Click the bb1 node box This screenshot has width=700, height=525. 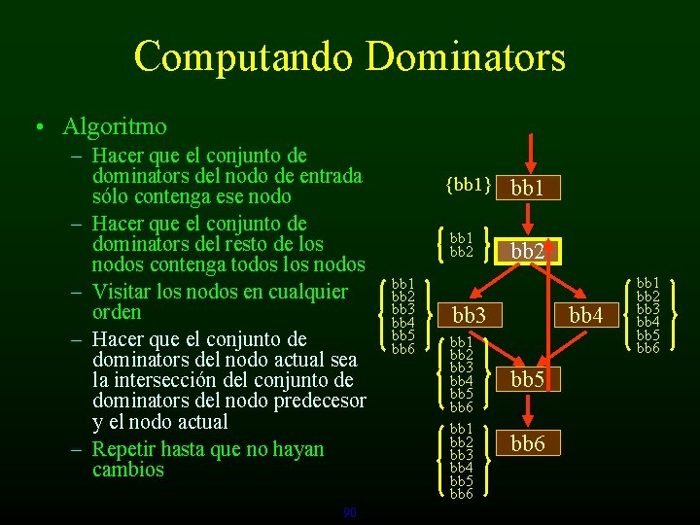click(x=527, y=188)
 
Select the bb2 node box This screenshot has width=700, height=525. click(x=527, y=251)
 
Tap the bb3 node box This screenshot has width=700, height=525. click(x=469, y=315)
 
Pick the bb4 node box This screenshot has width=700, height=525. click(x=586, y=315)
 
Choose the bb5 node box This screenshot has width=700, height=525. click(x=527, y=379)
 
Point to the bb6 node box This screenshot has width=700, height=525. click(x=527, y=444)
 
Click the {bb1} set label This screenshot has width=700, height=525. click(x=465, y=185)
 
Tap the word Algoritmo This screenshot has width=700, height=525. click(x=114, y=126)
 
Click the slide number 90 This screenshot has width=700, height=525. click(x=350, y=512)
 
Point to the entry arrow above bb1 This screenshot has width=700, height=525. click(x=528, y=151)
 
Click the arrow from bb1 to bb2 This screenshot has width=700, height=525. click(x=528, y=219)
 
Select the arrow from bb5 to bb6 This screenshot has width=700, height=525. click(x=528, y=412)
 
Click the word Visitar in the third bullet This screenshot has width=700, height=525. click(x=122, y=292)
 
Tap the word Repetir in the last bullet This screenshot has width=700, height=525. click(x=124, y=449)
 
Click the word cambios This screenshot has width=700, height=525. click(x=128, y=470)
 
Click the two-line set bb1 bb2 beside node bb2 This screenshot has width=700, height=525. click(x=462, y=245)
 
